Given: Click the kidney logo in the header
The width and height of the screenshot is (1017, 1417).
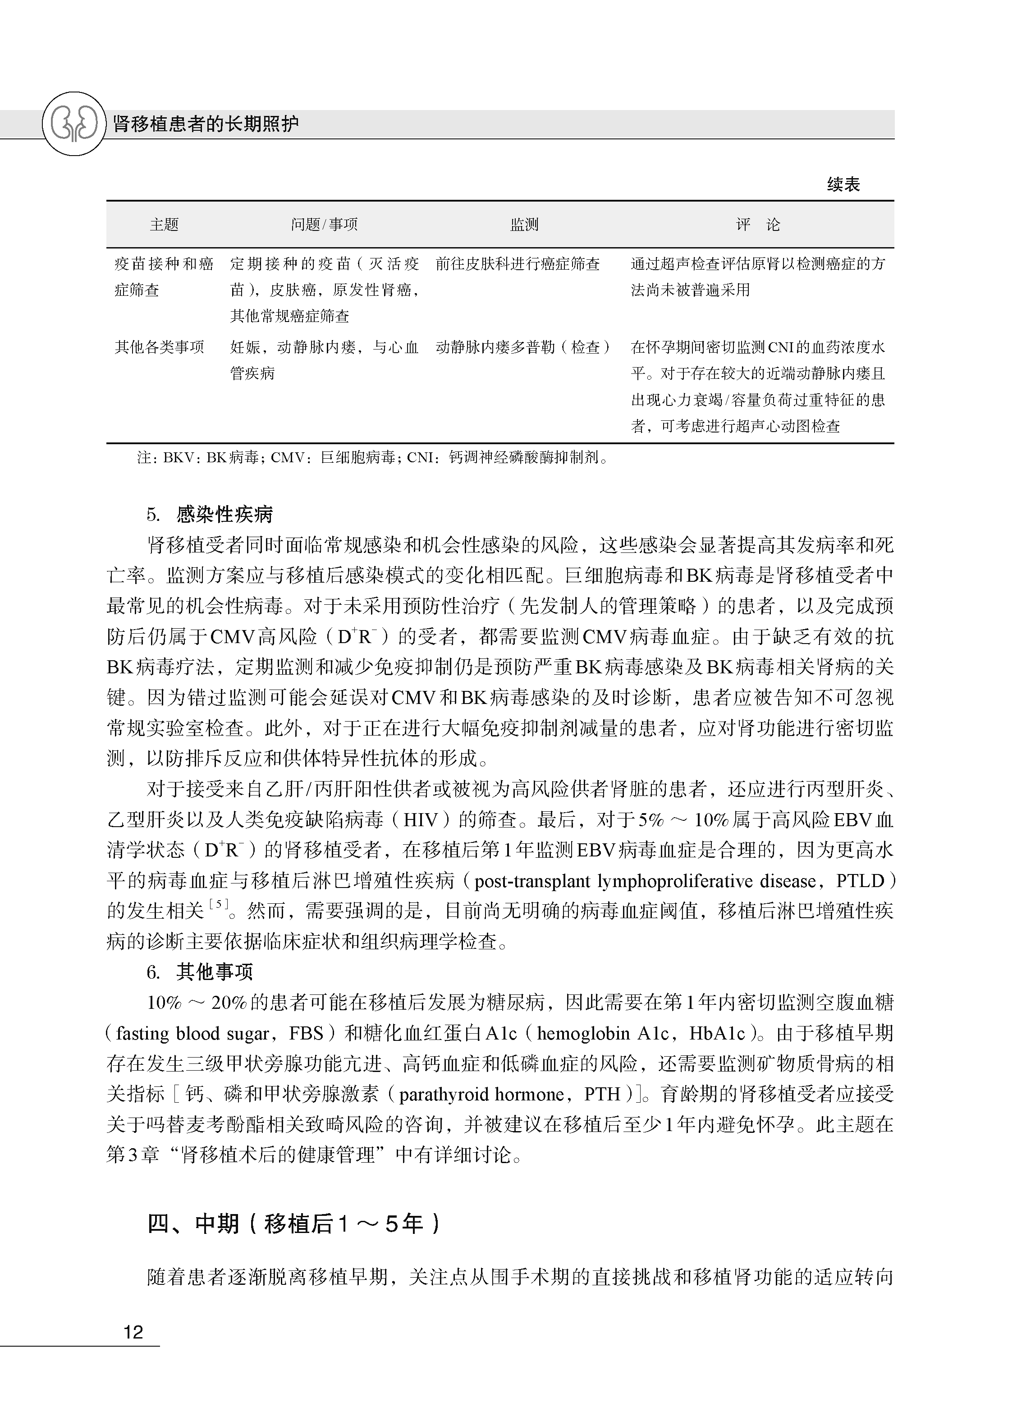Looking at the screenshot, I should pos(74,124).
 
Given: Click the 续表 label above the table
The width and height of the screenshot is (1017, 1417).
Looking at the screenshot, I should pos(843,184).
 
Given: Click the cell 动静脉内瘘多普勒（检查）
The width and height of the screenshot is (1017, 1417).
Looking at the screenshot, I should pos(523,347).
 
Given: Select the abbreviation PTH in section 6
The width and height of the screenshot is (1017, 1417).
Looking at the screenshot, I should pos(603,1094).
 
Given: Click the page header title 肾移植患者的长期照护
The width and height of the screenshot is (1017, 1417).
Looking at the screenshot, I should pos(206,124).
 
